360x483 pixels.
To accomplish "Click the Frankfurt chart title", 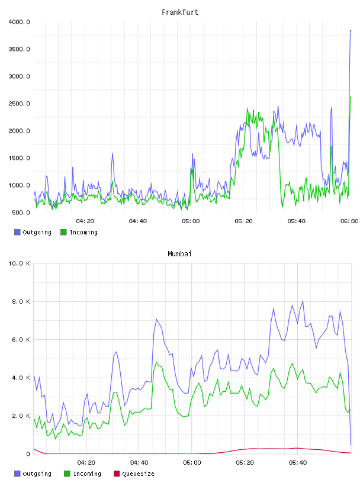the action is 180,12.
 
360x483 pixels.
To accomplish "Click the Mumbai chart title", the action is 179,254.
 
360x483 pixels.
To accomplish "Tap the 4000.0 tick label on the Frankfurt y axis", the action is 19,22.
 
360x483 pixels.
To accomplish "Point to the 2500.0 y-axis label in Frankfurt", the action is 19,104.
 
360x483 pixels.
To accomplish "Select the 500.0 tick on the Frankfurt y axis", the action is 21,212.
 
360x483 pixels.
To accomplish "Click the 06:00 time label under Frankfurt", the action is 349,221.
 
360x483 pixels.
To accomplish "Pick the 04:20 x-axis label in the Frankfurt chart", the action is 85,221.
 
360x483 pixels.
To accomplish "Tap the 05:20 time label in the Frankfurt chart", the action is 243,221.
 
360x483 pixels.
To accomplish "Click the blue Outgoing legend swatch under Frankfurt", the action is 17,232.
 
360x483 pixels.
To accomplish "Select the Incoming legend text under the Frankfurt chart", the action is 83,232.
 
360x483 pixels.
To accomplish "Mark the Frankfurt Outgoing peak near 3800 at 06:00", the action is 351,30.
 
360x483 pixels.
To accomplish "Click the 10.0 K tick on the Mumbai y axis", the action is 19,263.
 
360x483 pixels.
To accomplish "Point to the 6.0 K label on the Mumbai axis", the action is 21,339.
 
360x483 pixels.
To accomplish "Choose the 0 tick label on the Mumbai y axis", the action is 28,454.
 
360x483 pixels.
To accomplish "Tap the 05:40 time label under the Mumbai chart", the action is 298,463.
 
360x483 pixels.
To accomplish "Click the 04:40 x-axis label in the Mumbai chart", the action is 139,463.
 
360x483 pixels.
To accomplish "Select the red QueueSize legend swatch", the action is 117,474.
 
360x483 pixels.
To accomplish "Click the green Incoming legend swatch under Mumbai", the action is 67,474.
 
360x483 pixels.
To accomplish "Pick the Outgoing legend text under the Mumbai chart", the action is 37,474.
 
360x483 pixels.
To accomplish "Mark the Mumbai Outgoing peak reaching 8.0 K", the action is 303,301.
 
